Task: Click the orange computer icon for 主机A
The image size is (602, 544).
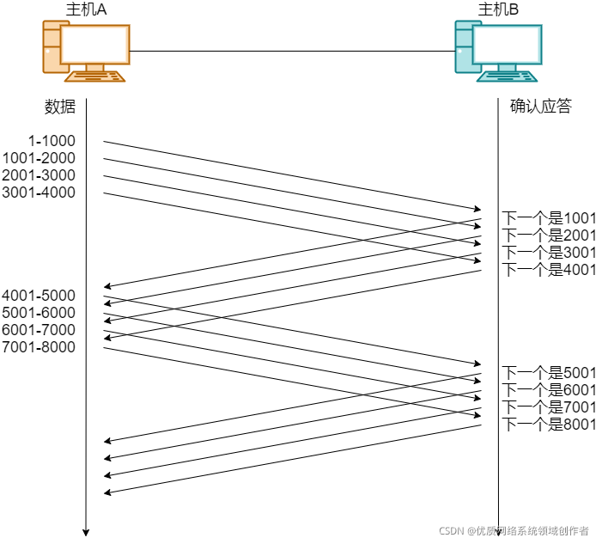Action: (x=85, y=52)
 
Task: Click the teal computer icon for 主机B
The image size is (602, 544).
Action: (x=497, y=52)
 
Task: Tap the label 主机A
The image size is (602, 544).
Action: (x=85, y=9)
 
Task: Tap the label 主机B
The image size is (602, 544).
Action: (x=498, y=9)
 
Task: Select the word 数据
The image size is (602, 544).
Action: (x=60, y=107)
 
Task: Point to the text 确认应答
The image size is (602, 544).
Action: (x=540, y=107)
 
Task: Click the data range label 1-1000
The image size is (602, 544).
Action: (x=52, y=141)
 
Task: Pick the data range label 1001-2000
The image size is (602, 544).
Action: (x=39, y=158)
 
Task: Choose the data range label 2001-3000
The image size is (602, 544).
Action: (x=39, y=175)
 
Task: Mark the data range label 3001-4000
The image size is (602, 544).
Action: (x=39, y=193)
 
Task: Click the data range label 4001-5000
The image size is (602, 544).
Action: (x=39, y=296)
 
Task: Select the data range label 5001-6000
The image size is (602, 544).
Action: (x=39, y=313)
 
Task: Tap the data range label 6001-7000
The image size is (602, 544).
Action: (x=39, y=330)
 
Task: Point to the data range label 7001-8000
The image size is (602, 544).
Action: (x=39, y=347)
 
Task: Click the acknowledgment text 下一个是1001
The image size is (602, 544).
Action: (x=549, y=218)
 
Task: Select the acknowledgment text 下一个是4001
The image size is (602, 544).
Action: (x=549, y=270)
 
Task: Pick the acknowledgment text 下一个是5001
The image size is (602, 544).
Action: (x=549, y=373)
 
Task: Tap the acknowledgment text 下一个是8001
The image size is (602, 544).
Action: (x=549, y=425)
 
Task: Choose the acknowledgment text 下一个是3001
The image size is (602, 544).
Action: (x=549, y=253)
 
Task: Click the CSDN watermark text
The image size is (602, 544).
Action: (x=514, y=531)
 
